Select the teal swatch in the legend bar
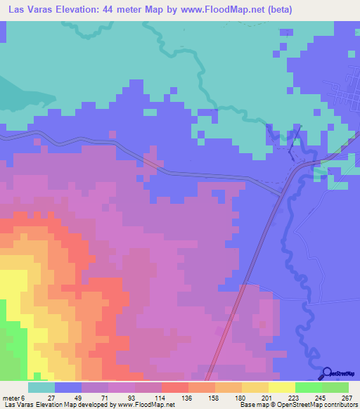[41, 387]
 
